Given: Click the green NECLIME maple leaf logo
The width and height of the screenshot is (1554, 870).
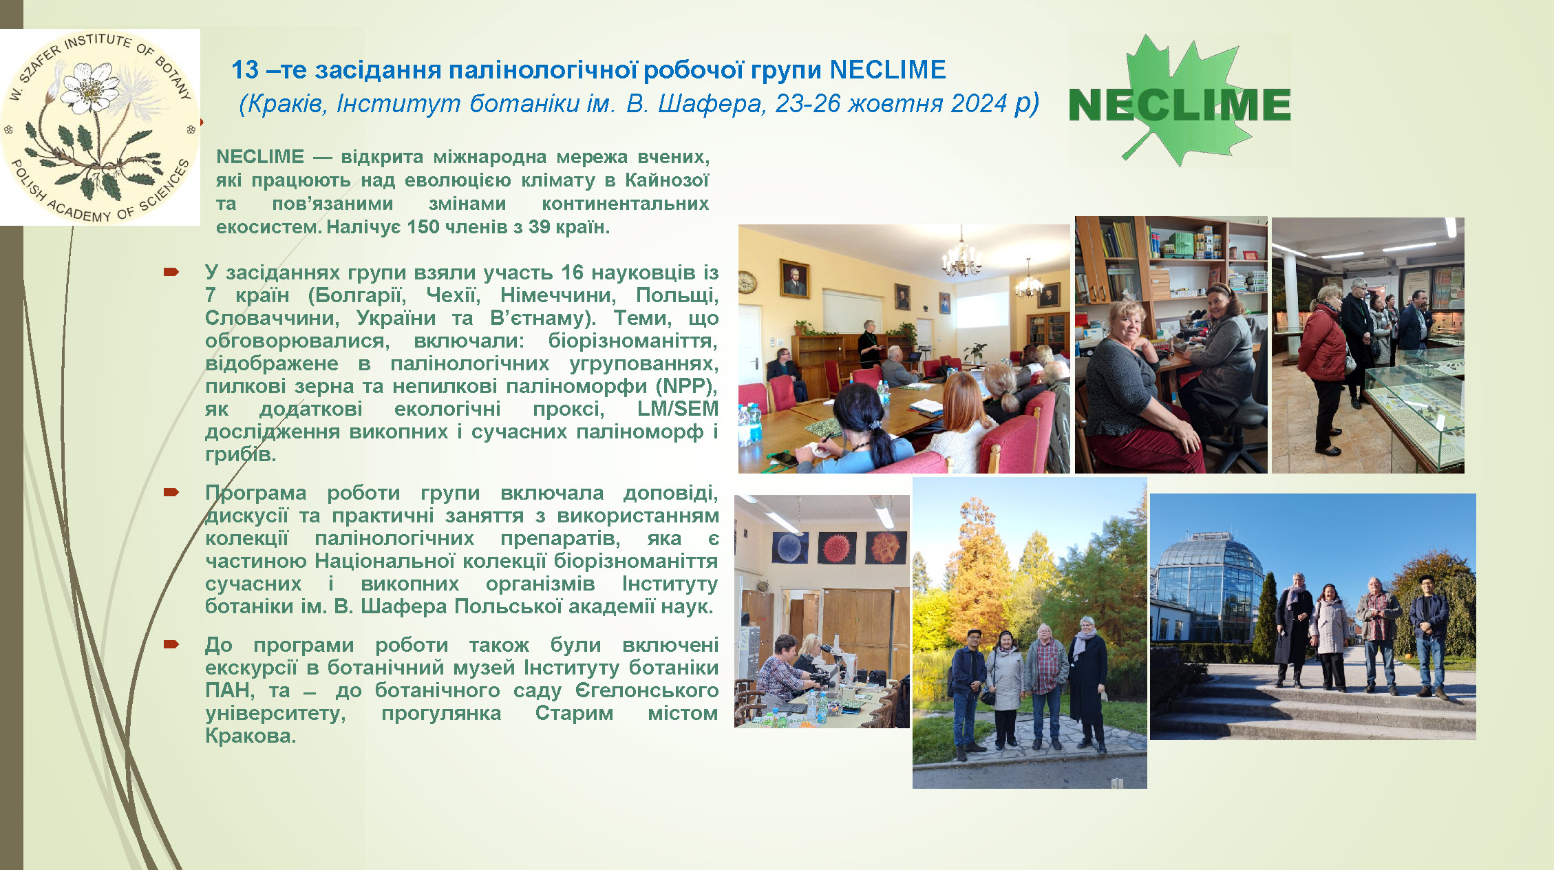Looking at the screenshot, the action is [x=1180, y=100].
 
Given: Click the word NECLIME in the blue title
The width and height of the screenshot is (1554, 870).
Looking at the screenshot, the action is [x=888, y=70].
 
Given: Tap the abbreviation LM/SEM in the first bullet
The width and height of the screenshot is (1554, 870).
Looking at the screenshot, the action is [x=678, y=409].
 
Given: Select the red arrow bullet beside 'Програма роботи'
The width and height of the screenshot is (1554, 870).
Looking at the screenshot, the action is [x=171, y=492].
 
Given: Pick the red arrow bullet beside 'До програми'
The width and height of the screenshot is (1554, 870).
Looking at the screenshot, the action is [x=171, y=644].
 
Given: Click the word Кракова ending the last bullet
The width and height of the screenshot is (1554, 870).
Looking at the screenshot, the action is [x=251, y=736].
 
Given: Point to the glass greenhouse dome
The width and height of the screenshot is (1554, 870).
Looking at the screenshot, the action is [x=1209, y=582].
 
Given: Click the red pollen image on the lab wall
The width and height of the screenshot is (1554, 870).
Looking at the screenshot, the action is [x=837, y=549].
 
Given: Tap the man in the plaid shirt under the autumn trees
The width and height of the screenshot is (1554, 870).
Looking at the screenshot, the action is [x=1045, y=686].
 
